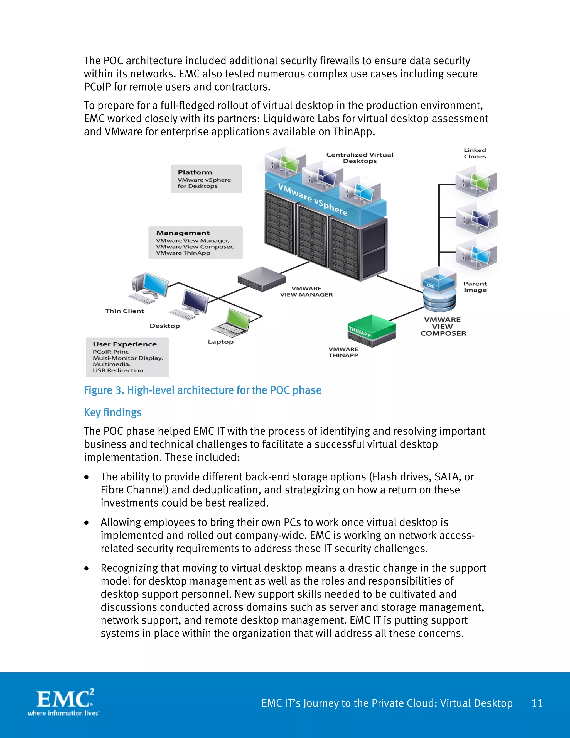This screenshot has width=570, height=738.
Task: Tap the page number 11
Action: click(537, 703)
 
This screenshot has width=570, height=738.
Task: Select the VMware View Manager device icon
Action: click(262, 279)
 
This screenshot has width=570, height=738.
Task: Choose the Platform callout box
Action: click(206, 179)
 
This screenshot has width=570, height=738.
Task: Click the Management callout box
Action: click(195, 243)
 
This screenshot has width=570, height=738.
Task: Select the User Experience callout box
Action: click(127, 357)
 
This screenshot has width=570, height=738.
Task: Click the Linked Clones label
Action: click(475, 153)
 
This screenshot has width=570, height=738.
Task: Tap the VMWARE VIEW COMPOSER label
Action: click(443, 326)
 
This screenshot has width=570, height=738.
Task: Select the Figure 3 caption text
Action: click(202, 390)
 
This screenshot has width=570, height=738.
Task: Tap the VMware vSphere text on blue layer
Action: click(313, 199)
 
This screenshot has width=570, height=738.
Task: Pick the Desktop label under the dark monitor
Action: click(165, 326)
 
